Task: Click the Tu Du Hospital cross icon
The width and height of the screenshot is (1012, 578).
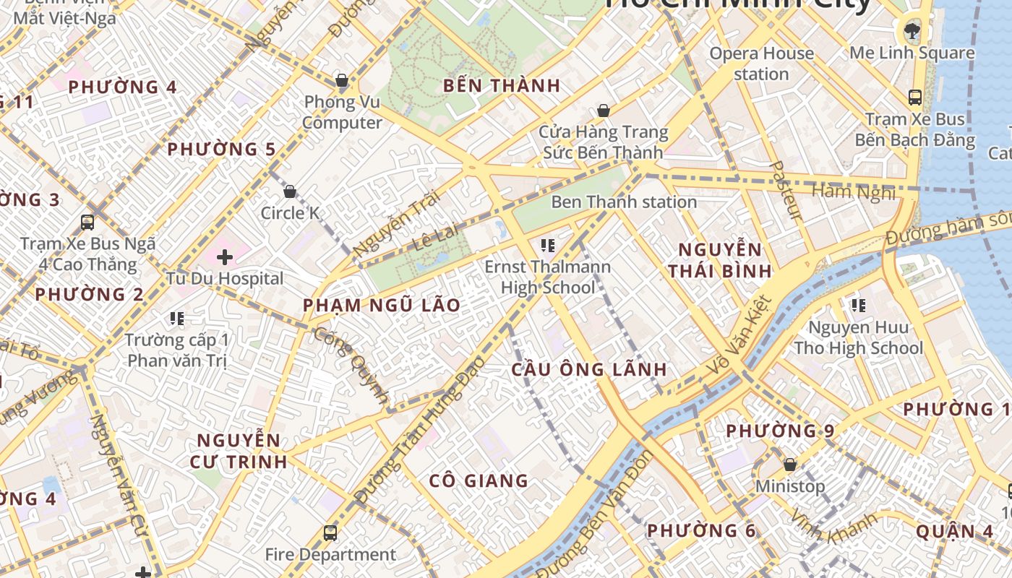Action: (225, 256)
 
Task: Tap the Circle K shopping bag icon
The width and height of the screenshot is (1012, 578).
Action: (290, 191)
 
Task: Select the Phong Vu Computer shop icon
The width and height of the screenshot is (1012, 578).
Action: (341, 79)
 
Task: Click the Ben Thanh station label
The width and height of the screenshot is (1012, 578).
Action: (624, 202)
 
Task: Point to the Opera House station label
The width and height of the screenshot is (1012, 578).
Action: (761, 64)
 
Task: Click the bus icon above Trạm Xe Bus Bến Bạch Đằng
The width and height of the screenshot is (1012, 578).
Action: (914, 97)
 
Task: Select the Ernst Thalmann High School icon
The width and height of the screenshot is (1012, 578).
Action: (547, 246)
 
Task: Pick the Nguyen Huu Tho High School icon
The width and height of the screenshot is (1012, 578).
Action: (859, 306)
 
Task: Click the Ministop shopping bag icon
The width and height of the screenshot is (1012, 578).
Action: (790, 465)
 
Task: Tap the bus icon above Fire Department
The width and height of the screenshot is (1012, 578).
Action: (330, 533)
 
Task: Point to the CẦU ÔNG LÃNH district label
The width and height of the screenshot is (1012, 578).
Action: (588, 370)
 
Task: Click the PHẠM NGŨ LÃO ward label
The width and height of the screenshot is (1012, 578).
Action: (382, 306)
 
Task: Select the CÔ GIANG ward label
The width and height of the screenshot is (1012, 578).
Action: (479, 481)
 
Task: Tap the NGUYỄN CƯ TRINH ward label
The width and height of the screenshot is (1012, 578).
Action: (239, 451)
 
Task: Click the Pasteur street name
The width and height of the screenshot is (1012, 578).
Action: (785, 191)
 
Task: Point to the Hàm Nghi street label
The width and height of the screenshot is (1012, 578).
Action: (854, 192)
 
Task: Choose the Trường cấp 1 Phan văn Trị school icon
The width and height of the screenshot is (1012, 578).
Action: (177, 318)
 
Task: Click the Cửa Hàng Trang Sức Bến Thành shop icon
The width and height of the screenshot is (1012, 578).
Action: (604, 111)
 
